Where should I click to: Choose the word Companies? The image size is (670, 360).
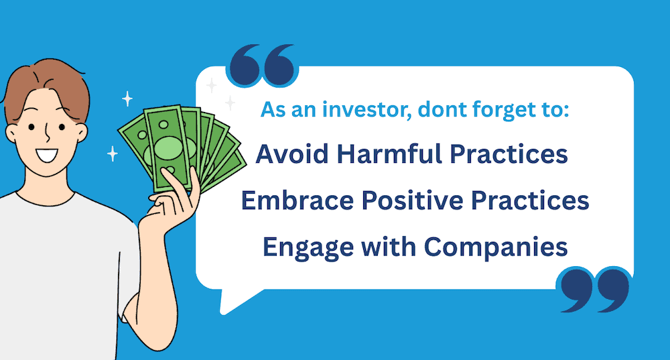coord(496,247)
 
